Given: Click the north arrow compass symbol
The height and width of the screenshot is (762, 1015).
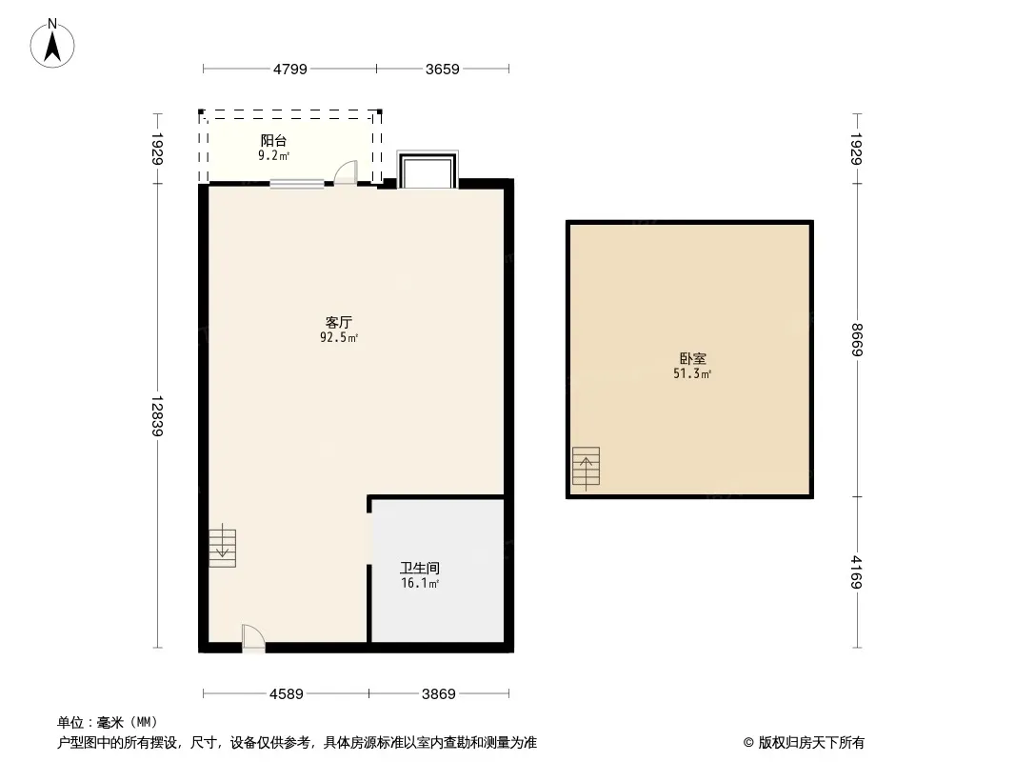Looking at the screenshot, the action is pos(52,44).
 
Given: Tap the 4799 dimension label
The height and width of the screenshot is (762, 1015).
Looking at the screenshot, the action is pos(290,70).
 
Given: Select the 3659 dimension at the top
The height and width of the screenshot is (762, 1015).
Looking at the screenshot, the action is pos(442,70).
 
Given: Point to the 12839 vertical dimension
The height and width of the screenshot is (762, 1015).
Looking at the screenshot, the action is pos(157,415).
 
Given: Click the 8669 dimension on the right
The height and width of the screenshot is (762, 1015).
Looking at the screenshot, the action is pos(857,339).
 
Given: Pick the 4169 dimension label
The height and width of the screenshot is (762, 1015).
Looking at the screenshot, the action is pos(857,572).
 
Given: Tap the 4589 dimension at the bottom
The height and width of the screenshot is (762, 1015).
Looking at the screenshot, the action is pos(286,694).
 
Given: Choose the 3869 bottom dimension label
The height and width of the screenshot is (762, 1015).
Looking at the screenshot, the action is pos(439,694).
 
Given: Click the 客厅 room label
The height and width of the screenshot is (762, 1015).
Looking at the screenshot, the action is pos(339,322).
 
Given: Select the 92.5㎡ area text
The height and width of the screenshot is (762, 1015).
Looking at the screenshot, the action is pos(339,337).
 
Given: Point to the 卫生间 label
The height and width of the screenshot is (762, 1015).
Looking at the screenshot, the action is pos(420,568).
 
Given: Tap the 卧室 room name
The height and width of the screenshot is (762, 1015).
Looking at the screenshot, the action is pos(692,358).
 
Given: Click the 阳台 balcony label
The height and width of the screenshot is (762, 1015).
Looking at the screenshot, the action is pos(274,140).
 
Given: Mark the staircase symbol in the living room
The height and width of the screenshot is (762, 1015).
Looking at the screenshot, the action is pos(222,545).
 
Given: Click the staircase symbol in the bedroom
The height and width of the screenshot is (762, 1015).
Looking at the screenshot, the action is pos(586,466).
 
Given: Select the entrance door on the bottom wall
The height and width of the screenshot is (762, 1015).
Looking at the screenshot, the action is pos(253,638).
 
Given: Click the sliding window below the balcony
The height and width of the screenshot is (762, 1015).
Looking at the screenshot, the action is pos(296,184).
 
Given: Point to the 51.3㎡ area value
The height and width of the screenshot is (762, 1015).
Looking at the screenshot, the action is pos(692,373).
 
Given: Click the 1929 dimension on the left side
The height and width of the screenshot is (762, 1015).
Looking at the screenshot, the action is pos(157,149).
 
